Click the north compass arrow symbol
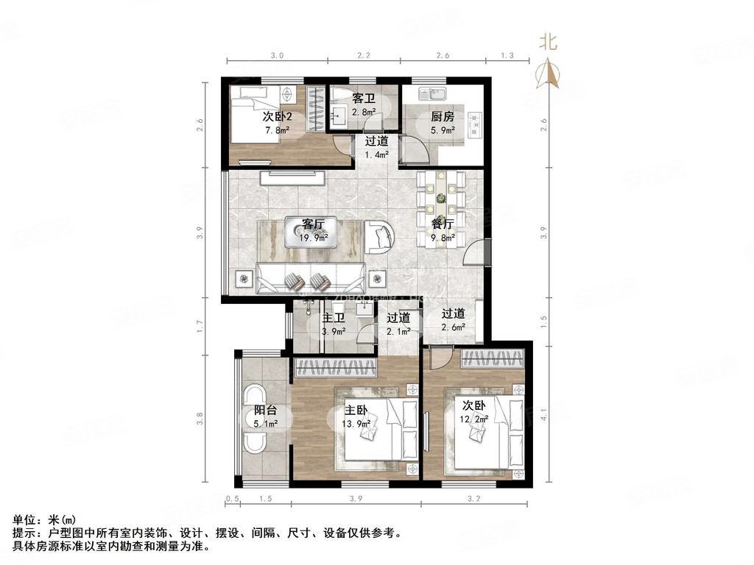click(547, 72)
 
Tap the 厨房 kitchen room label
click(443, 117)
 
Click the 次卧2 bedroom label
click(277, 117)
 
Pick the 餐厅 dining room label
click(443, 223)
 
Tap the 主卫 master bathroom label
click(334, 319)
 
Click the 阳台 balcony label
click(266, 410)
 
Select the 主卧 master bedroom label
click(356, 410)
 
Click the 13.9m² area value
click(356, 423)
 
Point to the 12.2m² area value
click(476, 419)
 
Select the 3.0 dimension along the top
click(277, 56)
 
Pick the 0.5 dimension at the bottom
click(230, 500)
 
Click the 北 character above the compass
click(547, 41)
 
